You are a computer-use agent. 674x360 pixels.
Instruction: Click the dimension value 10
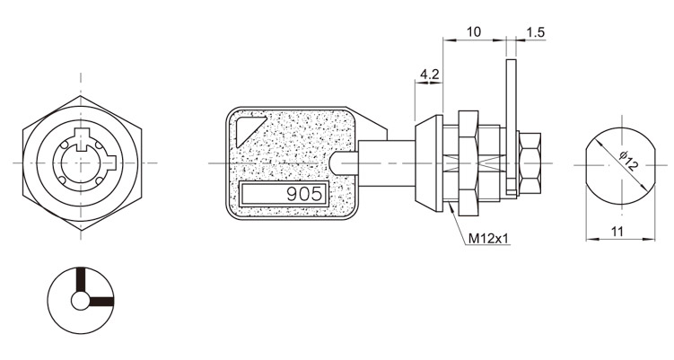(x=473, y=31)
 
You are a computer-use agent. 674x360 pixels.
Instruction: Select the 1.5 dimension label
(x=535, y=32)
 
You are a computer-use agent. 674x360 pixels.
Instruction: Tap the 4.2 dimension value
(x=429, y=75)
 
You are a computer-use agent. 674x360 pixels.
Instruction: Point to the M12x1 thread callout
(x=488, y=238)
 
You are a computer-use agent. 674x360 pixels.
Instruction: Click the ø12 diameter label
(x=629, y=162)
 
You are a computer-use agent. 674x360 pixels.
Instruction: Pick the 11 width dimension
(x=617, y=232)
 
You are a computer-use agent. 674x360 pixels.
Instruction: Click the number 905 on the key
(x=304, y=195)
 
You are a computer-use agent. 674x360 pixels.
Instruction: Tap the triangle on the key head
(x=249, y=130)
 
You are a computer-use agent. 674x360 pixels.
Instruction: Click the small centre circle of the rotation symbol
(x=81, y=301)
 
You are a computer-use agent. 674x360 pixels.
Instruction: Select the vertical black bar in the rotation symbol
(x=81, y=280)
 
